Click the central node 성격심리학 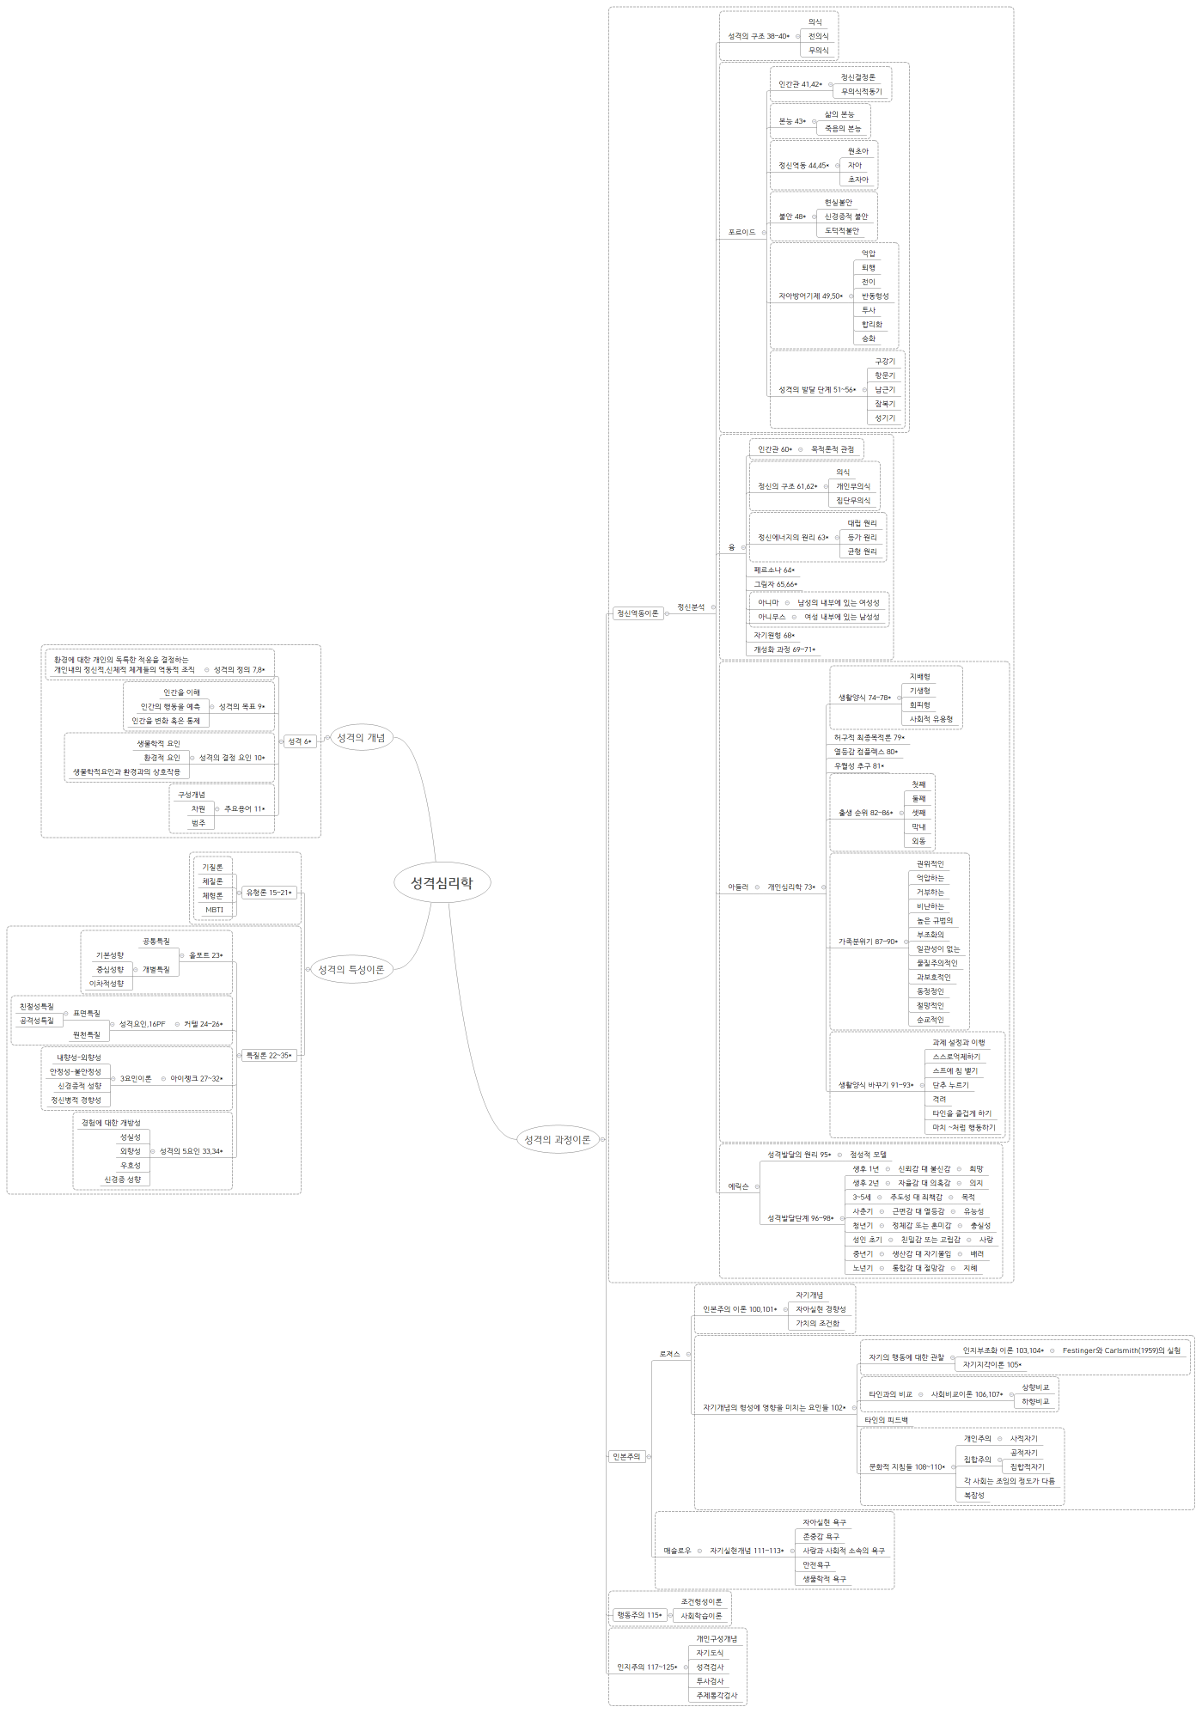point(442,882)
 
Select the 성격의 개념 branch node point(361,738)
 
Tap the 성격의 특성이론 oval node point(351,970)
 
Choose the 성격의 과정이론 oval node point(557,1139)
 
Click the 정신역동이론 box point(637,613)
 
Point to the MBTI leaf point(214,910)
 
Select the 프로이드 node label point(741,232)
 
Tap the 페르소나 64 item point(774,570)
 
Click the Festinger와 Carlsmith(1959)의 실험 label point(1121,1350)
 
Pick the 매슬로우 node point(677,1551)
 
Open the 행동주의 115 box point(639,1615)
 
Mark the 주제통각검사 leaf point(717,1695)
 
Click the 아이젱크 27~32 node point(196,1078)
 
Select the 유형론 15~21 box point(269,893)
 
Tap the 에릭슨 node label point(738,1186)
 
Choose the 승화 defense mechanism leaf point(869,338)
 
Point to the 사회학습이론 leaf point(701,1616)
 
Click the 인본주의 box point(625,1456)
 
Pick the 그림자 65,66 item point(775,584)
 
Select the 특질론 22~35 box point(267,1055)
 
